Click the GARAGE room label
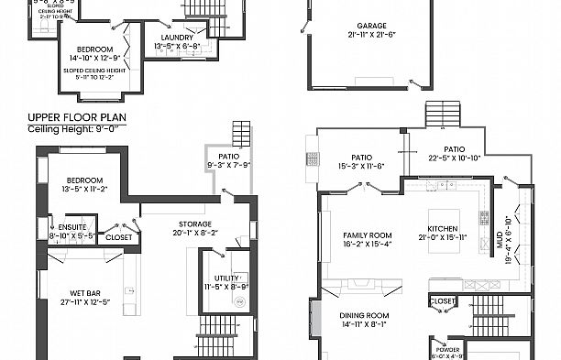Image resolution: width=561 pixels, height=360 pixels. tap(370, 26)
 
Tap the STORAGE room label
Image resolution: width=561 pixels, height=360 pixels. tap(193, 224)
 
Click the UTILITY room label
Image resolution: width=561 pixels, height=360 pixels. tap(225, 277)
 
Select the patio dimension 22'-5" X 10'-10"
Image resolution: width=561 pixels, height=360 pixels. tap(455, 158)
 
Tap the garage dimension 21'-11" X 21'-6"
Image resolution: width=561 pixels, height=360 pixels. tap(370, 34)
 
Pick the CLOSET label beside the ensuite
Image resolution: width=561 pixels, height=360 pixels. tap(118, 237)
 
